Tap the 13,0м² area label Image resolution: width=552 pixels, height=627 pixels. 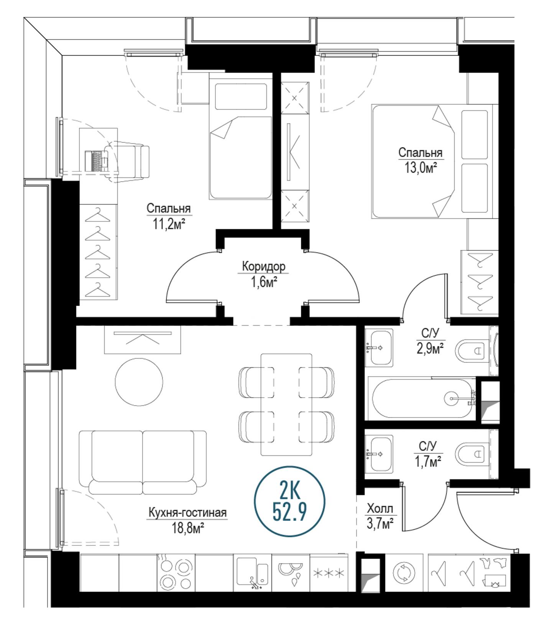[421, 168]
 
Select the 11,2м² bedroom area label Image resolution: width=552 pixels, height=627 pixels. [169, 224]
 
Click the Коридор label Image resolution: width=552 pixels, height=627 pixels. [264, 266]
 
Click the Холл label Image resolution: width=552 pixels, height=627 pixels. [380, 509]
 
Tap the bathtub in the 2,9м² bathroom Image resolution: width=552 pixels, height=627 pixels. [422, 399]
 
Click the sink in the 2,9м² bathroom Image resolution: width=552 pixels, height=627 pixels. [379, 347]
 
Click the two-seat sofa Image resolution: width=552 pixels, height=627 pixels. [143, 462]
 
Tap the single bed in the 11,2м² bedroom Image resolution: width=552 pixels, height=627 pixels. [241, 136]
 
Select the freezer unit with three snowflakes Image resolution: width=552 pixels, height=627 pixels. [329, 573]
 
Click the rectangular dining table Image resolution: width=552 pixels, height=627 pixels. [286, 405]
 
